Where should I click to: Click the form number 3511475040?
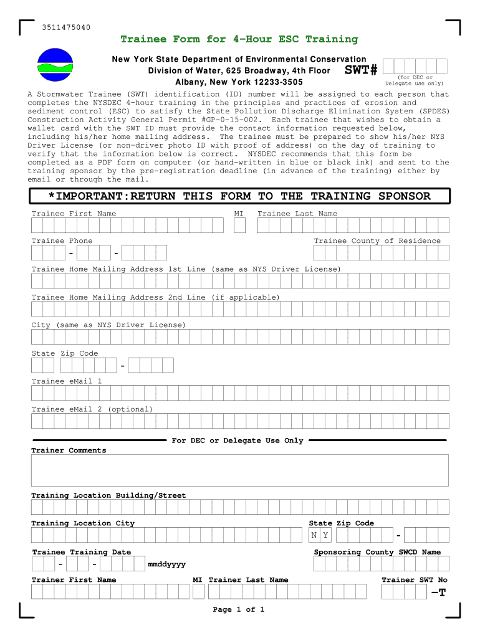click(x=66, y=27)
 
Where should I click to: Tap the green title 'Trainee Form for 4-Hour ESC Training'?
click(x=239, y=39)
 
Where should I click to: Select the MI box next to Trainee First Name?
click(x=239, y=225)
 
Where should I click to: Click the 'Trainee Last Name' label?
click(x=297, y=214)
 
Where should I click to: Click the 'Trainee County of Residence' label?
click(x=377, y=241)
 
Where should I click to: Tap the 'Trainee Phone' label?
click(x=62, y=241)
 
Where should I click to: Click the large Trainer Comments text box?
click(x=239, y=470)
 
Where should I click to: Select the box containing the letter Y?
click(x=326, y=535)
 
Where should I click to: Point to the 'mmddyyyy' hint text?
click(x=166, y=564)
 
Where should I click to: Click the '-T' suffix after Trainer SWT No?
click(x=439, y=592)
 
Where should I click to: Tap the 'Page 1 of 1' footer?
click(x=239, y=609)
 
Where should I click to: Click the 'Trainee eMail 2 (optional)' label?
click(x=92, y=409)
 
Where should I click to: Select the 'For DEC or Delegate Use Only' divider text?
click(x=238, y=440)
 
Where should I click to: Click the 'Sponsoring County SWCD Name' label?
click(x=377, y=552)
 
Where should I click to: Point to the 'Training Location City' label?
click(x=83, y=523)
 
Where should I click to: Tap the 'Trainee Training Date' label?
click(x=82, y=552)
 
